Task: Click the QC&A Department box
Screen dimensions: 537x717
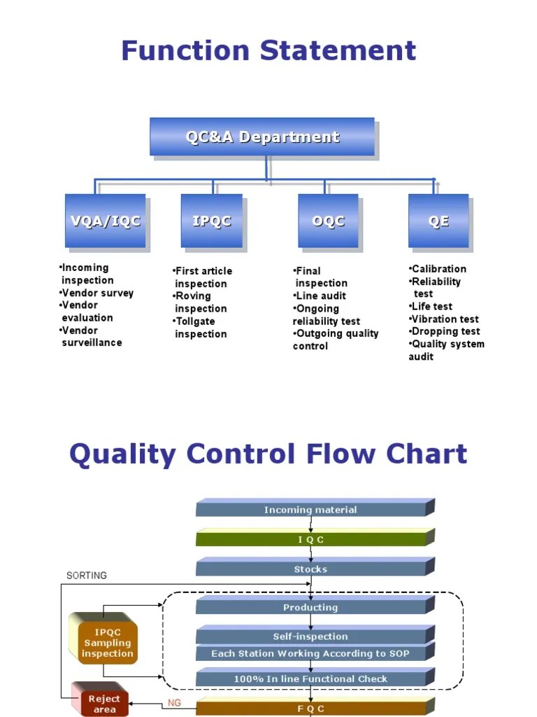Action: (262, 137)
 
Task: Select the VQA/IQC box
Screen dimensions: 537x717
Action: (106, 221)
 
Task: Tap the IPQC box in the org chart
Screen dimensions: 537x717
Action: (212, 221)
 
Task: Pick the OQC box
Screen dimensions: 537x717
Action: (329, 221)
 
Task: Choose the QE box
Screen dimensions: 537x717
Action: (439, 221)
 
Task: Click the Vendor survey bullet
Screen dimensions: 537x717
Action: (96, 293)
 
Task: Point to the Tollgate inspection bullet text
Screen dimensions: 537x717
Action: (200, 328)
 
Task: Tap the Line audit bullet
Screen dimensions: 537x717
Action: (320, 296)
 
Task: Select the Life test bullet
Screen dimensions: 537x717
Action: (431, 307)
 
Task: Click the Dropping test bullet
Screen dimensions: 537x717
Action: (444, 331)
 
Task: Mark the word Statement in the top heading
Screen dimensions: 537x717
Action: (338, 50)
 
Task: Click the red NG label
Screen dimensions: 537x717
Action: (174, 703)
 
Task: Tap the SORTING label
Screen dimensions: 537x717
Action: (87, 576)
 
